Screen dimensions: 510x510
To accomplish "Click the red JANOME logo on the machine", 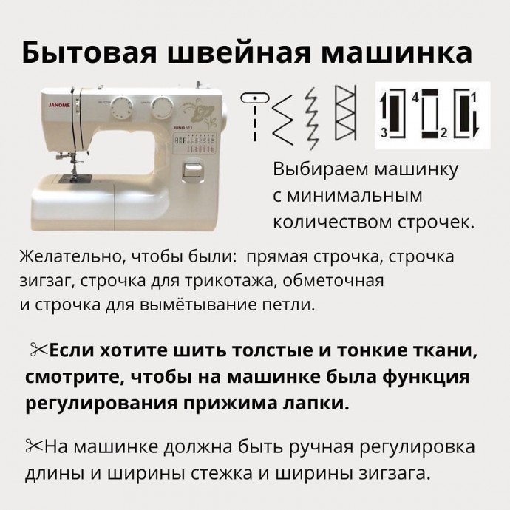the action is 59,106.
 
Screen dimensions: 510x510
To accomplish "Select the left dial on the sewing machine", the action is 121,107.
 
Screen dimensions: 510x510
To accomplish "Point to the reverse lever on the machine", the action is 192,170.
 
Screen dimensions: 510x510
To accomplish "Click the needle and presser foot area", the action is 74,164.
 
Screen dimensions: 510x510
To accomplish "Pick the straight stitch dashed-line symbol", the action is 255,117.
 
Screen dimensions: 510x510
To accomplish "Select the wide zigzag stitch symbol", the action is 282,120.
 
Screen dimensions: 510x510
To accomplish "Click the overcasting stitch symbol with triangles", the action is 345,113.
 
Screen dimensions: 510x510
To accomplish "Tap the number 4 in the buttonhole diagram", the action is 415,98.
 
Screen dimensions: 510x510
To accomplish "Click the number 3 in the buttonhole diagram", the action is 384,133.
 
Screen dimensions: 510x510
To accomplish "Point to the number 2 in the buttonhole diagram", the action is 443,133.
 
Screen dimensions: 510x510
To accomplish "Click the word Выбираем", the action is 321,169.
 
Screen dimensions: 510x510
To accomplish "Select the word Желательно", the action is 68,257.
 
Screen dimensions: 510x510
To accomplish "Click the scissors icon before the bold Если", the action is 38,350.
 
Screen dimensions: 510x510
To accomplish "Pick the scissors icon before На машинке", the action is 34,446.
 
